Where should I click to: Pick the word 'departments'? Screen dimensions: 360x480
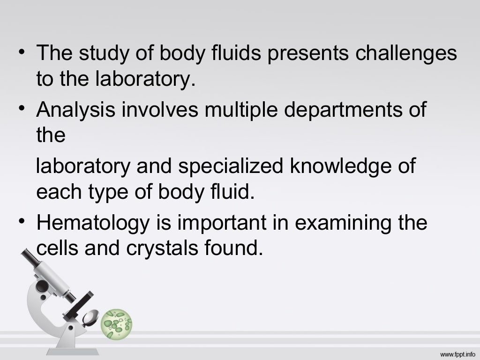(345, 111)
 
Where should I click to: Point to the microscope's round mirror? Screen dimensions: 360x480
(90, 318)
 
